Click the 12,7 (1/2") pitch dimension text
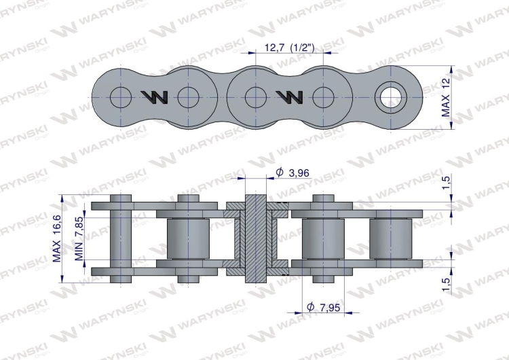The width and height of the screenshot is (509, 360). pyautogui.click(x=290, y=48)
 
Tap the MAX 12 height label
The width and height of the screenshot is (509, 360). pyautogui.click(x=446, y=98)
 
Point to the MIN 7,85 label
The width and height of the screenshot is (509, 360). pyautogui.click(x=79, y=239)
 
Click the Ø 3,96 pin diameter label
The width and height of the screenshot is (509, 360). pyautogui.click(x=292, y=173)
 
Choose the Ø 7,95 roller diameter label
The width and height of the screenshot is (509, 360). pyautogui.click(x=323, y=307)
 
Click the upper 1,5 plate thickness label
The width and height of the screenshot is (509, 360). pyautogui.click(x=447, y=183)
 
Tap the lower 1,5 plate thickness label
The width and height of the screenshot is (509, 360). pyautogui.click(x=447, y=285)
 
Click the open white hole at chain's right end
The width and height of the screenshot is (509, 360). pyautogui.click(x=390, y=97)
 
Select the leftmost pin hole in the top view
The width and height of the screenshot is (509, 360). pyautogui.click(x=121, y=97)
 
